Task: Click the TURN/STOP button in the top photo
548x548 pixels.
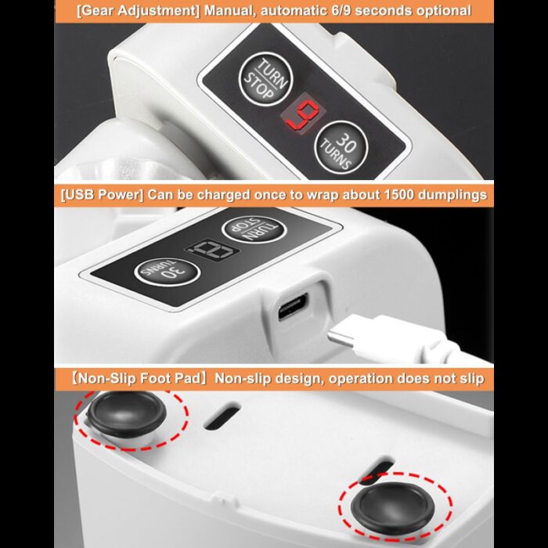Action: click(265, 79)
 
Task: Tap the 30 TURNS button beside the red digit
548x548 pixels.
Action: click(341, 147)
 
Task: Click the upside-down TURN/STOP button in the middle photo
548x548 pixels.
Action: click(254, 229)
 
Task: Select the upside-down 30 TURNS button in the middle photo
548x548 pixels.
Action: click(167, 272)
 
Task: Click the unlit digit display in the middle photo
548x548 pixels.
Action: click(212, 250)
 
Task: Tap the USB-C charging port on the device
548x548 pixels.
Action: click(293, 307)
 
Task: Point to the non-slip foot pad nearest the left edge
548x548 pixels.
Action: click(126, 414)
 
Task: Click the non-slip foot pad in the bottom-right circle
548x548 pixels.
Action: click(393, 507)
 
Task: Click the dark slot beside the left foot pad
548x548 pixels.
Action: click(222, 416)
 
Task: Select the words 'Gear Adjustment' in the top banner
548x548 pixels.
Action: click(139, 10)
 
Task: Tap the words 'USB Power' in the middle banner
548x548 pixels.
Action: click(102, 194)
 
